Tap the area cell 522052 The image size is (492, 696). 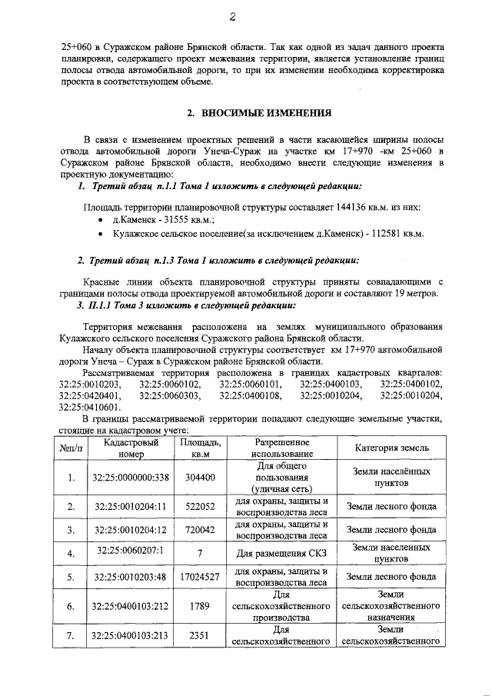tap(200, 507)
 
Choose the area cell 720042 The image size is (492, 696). tap(200, 530)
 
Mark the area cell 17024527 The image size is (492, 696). tap(200, 577)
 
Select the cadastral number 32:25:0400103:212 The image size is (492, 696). tap(130, 607)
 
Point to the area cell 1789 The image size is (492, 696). tap(200, 607)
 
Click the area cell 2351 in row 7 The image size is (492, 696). tap(200, 635)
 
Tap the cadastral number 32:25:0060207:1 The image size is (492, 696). tap(130, 554)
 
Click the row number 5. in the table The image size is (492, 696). tap(71, 577)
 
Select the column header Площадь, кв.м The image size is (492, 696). tap(200, 449)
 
